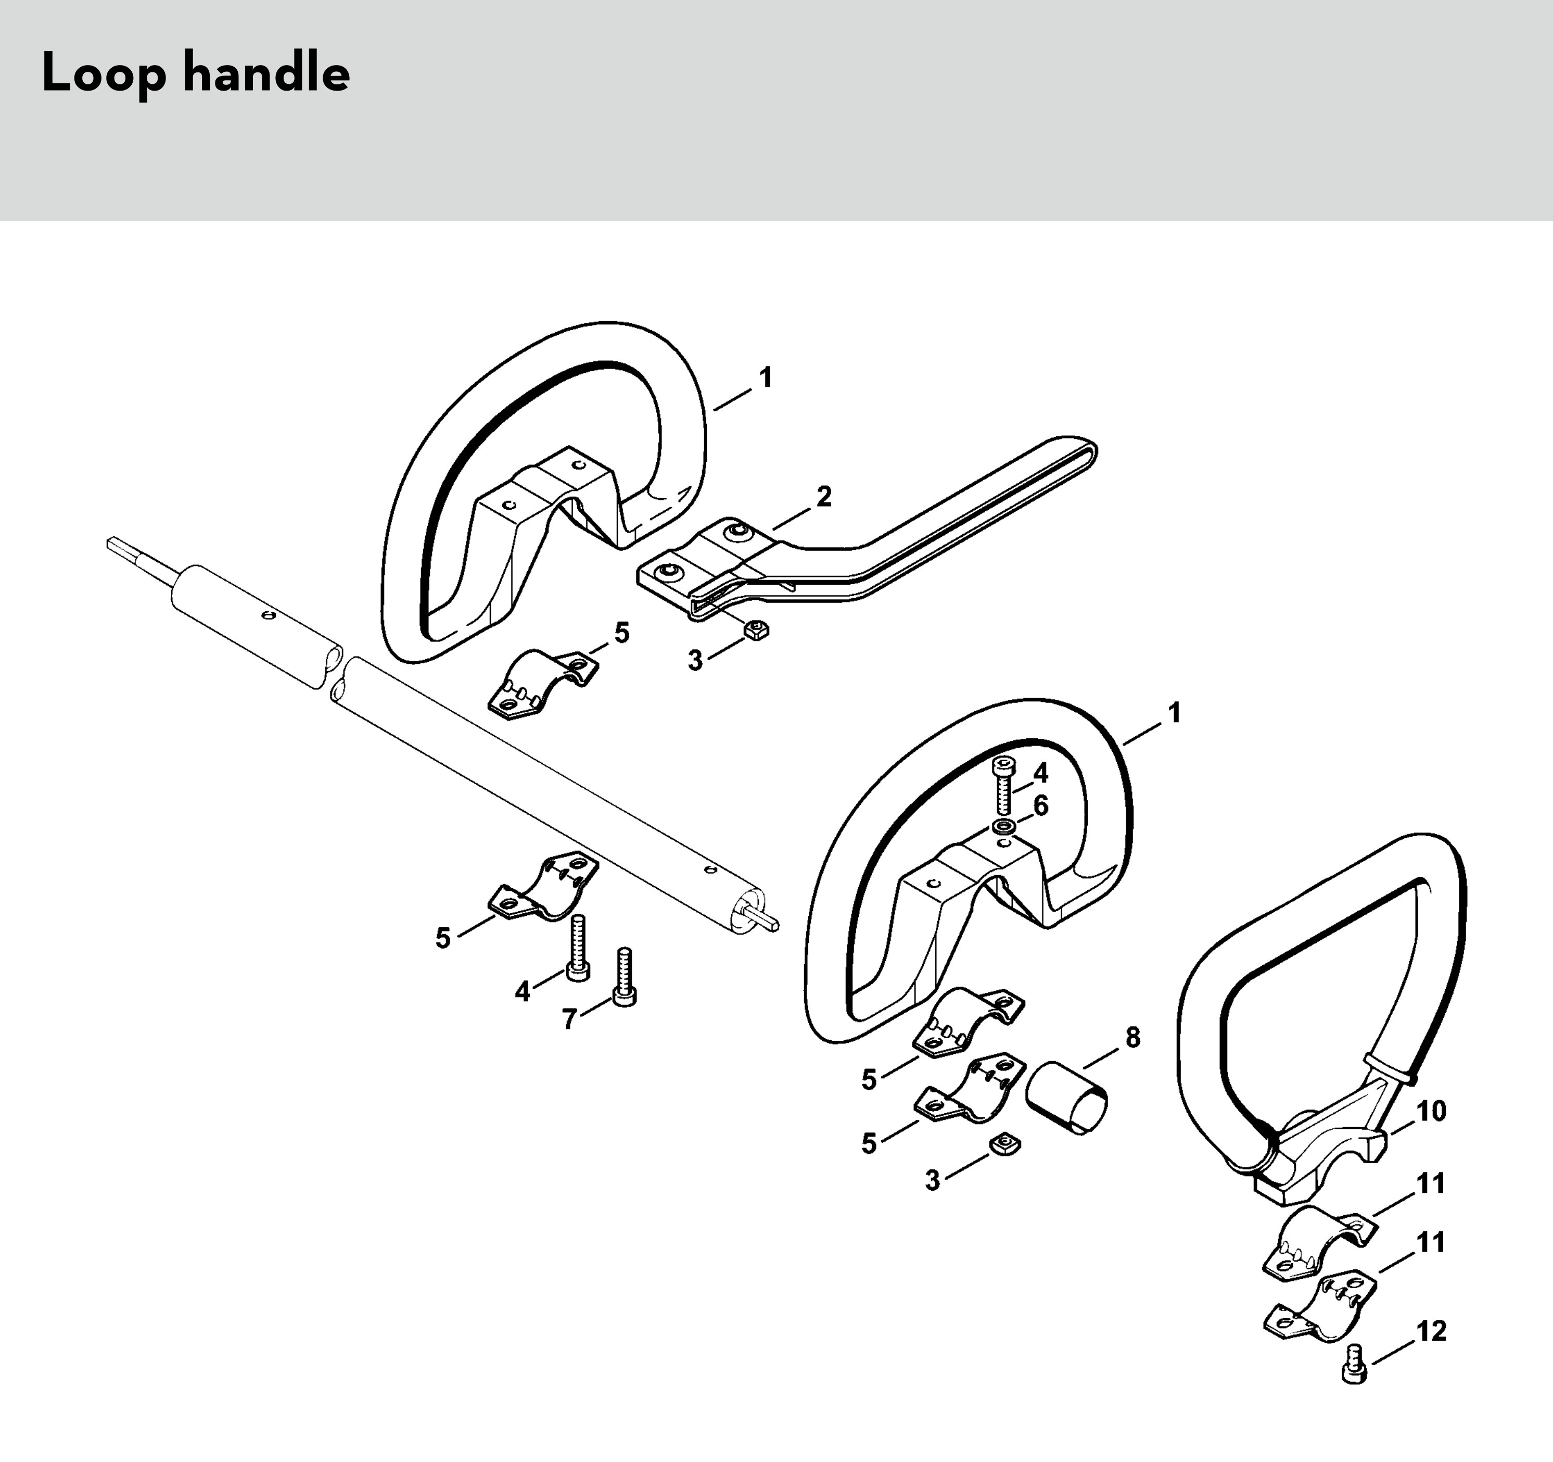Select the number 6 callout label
pos(1040,805)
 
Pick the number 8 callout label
pos(1132,1038)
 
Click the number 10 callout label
pos(1431,1111)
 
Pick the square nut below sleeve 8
pos(1006,1145)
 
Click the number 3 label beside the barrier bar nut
pos(694,660)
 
